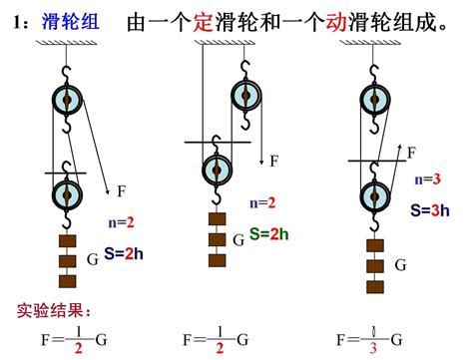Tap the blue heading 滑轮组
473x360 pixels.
pyautogui.click(x=68, y=23)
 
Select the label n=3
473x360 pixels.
pyautogui.click(x=428, y=180)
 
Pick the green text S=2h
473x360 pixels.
pyautogui.click(x=268, y=233)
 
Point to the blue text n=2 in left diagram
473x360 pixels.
pyautogui.click(x=121, y=222)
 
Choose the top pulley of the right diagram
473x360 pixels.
pyautogui.click(x=372, y=99)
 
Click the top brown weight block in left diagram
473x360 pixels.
pyautogui.click(x=66, y=240)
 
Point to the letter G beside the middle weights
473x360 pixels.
pyautogui.click(x=238, y=240)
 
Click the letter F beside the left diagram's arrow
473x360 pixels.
pyautogui.click(x=122, y=190)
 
